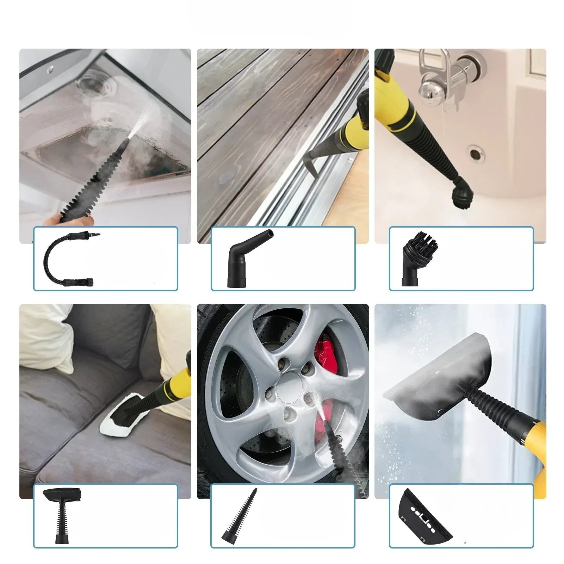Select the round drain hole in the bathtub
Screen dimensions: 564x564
pos(477,154)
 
